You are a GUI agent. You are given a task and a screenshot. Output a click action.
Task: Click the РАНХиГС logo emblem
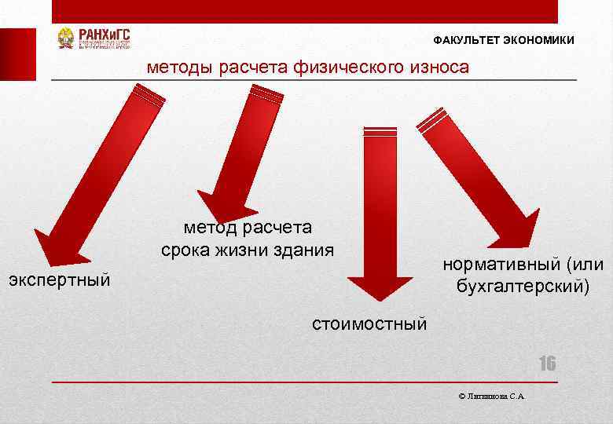(x=66, y=38)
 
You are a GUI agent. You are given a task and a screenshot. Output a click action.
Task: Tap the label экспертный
(x=58, y=280)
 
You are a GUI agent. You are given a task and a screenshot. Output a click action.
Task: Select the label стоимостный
(x=369, y=323)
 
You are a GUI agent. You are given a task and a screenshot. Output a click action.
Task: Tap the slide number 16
(x=546, y=364)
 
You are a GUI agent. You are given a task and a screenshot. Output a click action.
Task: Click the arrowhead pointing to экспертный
(x=55, y=247)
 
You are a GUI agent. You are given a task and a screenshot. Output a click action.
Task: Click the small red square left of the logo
(x=17, y=54)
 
